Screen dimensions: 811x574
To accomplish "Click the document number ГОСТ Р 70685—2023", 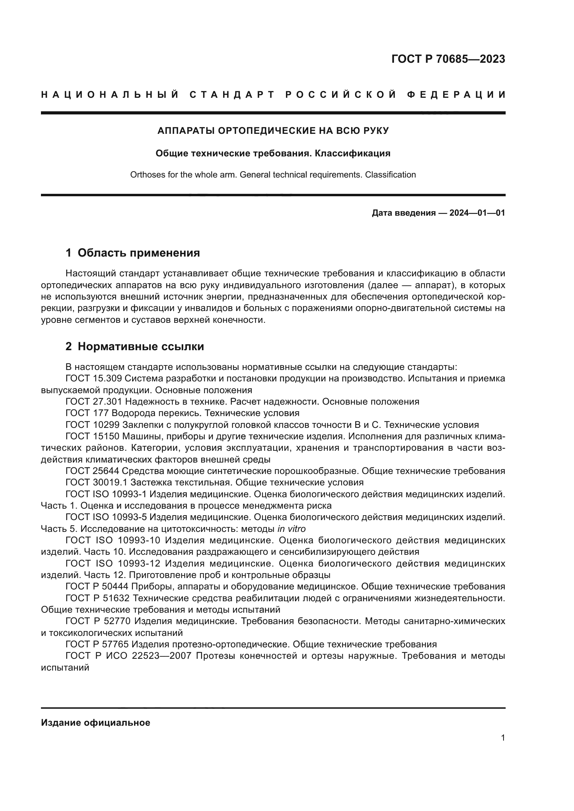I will pyautogui.click(x=448, y=59).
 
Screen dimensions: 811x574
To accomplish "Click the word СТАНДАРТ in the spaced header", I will pyautogui.click(x=232, y=95).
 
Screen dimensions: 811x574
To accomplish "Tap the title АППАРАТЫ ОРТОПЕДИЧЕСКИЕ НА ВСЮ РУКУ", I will pyautogui.click(x=273, y=131).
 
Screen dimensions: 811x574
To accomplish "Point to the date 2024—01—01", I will pyautogui.click(x=477, y=213).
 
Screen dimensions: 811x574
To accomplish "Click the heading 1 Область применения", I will pyautogui.click(x=133, y=253).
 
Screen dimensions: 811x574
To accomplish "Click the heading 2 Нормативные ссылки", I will pyautogui.click(x=135, y=346).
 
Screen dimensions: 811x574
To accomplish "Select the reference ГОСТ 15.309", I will pyautogui.click(x=94, y=379).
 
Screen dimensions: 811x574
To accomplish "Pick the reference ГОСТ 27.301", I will pyautogui.click(x=94, y=402).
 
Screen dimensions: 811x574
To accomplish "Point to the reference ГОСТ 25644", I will pyautogui.click(x=94, y=471).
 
